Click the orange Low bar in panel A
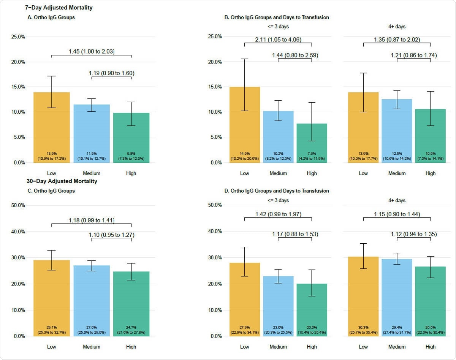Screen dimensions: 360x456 [51, 125]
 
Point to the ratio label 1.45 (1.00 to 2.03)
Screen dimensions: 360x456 [91, 51]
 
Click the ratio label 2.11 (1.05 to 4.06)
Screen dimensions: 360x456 [278, 39]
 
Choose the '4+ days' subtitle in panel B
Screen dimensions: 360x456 [397, 27]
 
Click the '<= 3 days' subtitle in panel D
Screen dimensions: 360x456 [278, 200]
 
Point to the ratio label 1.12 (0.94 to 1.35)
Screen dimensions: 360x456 [413, 234]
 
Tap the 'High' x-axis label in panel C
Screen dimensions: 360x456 [131, 347]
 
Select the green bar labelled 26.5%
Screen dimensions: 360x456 [431, 297]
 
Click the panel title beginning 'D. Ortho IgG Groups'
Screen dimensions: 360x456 [277, 191]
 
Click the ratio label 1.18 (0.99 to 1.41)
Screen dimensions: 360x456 [91, 220]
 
